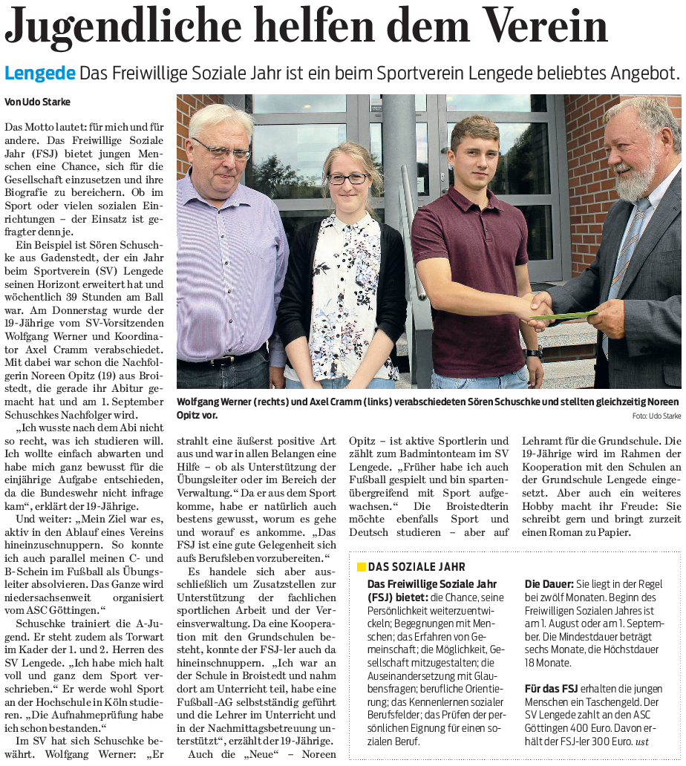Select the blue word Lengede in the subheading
(39, 73)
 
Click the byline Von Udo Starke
(38, 102)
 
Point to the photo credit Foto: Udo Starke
(656, 416)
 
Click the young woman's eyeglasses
(347, 179)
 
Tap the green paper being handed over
(572, 315)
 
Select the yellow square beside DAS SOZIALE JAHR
(362, 567)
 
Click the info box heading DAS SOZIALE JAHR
(407, 567)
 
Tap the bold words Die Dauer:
(549, 584)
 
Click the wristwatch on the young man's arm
(532, 352)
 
